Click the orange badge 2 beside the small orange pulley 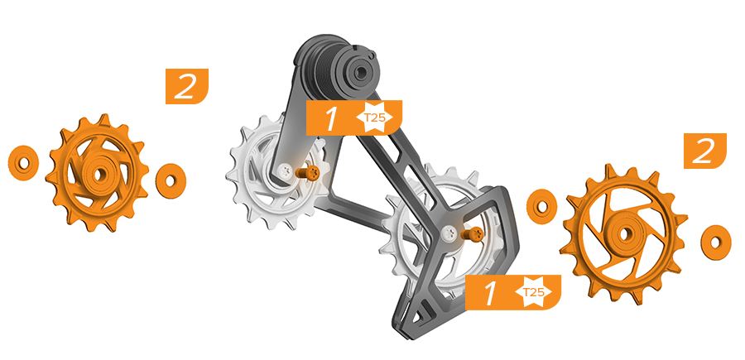[187, 86]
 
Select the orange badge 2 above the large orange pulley [705, 151]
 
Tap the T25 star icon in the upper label [374, 118]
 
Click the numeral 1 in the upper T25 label [330, 118]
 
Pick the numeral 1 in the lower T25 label [489, 293]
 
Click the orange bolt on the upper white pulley [306, 173]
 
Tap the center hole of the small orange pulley [99, 175]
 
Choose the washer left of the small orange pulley [23, 163]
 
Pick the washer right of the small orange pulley [171, 181]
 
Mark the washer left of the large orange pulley [541, 207]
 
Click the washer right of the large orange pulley [715, 242]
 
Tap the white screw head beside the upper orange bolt [286, 170]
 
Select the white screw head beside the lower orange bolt [449, 233]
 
